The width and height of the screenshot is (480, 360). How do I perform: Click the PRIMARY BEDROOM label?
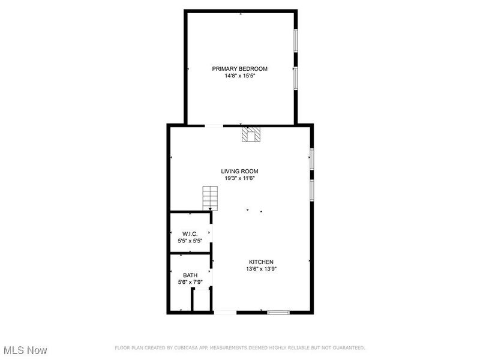point(239,68)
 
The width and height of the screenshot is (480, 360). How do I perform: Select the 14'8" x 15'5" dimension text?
point(239,76)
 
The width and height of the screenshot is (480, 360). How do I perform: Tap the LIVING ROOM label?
point(239,171)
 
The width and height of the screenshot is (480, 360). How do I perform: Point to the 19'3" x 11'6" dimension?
point(239,178)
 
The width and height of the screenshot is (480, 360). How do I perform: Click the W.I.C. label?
point(190,233)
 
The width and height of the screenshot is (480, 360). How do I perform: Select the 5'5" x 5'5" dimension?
point(190,241)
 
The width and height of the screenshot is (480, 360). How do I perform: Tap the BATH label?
point(190,275)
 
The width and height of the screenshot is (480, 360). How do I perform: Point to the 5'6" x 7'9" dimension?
point(190,282)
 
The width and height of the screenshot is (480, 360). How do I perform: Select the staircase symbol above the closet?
point(209,197)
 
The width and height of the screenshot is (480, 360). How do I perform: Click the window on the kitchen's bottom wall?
point(278,312)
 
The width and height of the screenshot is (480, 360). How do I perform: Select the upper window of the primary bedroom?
point(295,44)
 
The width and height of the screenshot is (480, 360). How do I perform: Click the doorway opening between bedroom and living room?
point(214,125)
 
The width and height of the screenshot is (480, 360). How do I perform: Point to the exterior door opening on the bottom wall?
point(226,312)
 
